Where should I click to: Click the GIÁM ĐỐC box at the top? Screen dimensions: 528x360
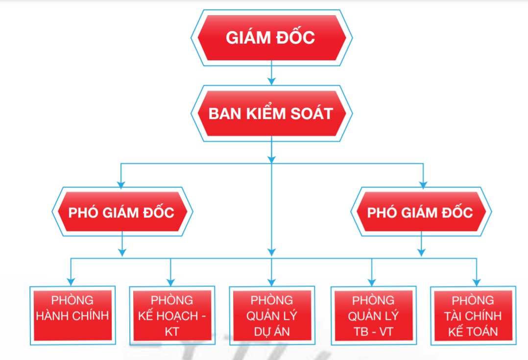tap(271, 38)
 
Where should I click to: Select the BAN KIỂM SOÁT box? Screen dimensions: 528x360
tap(271, 114)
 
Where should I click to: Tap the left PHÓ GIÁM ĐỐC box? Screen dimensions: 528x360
tap(122, 212)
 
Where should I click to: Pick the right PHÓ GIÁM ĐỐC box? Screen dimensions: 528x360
tap(421, 212)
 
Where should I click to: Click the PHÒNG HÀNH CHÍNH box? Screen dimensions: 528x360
tap(72, 315)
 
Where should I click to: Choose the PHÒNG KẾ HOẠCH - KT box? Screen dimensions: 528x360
tap(172, 315)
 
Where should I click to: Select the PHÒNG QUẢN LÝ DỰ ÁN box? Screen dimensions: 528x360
tap(272, 315)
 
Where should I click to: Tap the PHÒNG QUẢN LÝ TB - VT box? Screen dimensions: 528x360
tap(373, 315)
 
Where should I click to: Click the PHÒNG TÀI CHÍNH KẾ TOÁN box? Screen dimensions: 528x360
tap(473, 315)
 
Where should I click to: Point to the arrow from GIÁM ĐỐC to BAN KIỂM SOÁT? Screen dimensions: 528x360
tap(271, 73)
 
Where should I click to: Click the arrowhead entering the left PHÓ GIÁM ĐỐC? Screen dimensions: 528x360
tap(121, 185)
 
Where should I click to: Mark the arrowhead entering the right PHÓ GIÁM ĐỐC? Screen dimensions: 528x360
tap(423, 185)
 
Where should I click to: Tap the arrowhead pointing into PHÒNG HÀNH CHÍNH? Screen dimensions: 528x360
tap(71, 282)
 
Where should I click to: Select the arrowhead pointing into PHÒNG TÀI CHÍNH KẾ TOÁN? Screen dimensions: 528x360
tap(477, 282)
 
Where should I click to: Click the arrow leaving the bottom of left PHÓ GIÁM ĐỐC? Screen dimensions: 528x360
tap(122, 244)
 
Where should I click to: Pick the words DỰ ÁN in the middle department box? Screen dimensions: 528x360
tap(272, 332)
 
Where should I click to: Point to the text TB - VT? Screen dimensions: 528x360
tap(373, 332)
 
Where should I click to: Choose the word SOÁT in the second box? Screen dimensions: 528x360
tap(312, 114)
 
